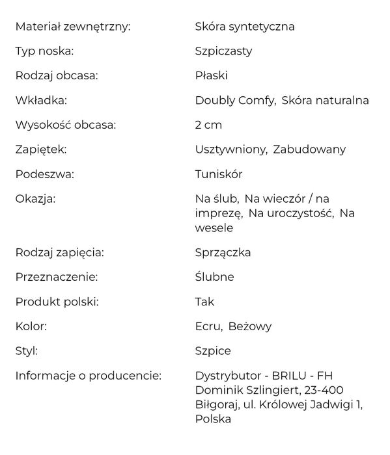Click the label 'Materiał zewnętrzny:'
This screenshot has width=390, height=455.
[x=73, y=27]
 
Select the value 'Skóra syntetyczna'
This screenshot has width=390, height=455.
[x=245, y=27]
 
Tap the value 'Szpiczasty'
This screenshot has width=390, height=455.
[x=223, y=51]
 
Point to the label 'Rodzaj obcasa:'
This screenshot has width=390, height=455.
[x=57, y=75]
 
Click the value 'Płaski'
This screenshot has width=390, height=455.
[x=211, y=75]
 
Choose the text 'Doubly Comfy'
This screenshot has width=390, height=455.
[x=235, y=100]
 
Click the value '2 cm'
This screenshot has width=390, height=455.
[x=208, y=125]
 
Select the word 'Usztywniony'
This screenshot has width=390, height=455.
[x=230, y=149]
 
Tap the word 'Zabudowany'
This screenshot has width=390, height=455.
[x=309, y=149]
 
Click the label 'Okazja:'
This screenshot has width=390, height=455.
[x=36, y=198]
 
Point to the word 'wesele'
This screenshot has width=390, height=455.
[x=214, y=228]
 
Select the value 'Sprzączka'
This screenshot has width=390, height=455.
[x=223, y=252]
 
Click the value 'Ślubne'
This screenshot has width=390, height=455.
[x=214, y=277]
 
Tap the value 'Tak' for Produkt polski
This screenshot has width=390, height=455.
[x=204, y=302]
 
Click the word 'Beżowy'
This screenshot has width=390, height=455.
[x=250, y=326]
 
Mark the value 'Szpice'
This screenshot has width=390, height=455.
[x=212, y=351]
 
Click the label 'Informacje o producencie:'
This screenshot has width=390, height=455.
[x=88, y=376]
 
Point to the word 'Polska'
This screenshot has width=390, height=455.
[x=213, y=419]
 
